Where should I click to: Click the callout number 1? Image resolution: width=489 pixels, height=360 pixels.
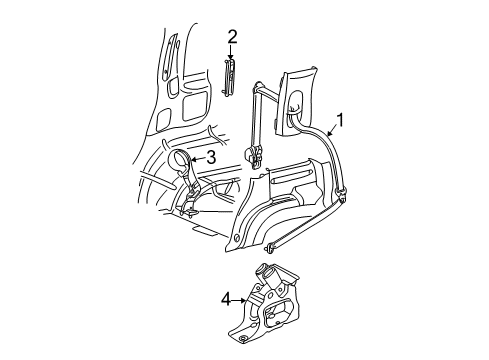point(341,123)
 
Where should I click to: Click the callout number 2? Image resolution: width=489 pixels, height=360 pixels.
point(232,39)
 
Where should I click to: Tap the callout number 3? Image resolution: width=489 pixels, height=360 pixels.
point(211,158)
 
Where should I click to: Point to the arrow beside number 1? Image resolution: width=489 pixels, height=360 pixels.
point(329,131)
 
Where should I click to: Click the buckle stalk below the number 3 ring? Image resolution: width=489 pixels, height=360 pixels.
point(190,196)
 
